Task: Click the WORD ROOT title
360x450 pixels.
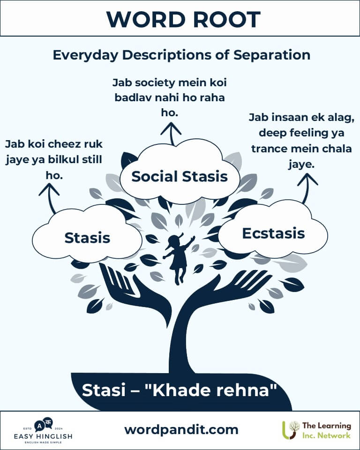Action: coord(183,20)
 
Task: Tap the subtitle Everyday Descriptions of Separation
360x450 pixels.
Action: coord(181,55)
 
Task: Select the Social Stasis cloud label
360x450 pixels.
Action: coord(180,176)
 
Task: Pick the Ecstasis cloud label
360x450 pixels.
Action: coord(273,233)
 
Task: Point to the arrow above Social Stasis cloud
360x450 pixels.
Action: coord(171,133)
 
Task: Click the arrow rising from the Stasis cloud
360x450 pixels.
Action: coord(50,198)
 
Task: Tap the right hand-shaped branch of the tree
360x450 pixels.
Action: coord(230,290)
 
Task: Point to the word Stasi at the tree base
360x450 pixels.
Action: coord(104,390)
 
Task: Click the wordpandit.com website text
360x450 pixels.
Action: coord(181,430)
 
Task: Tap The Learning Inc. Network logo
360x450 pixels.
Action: coord(317,430)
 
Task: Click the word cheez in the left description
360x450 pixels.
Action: coord(69,144)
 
